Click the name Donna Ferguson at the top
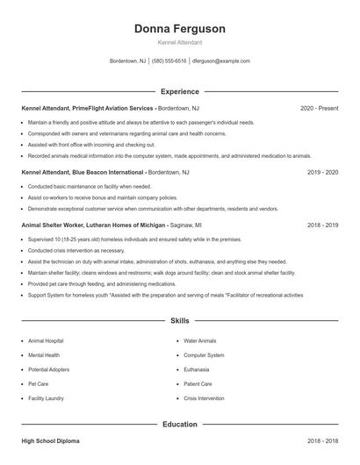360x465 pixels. click(x=180, y=29)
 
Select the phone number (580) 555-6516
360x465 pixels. click(x=169, y=61)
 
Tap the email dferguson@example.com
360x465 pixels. click(x=221, y=61)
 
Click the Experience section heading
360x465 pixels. click(x=180, y=91)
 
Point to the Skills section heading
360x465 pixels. click(x=180, y=322)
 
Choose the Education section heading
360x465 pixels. click(x=180, y=425)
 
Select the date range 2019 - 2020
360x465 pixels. click(x=322, y=173)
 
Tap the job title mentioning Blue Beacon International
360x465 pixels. click(x=83, y=173)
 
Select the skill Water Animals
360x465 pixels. click(x=200, y=340)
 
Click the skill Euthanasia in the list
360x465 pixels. click(x=197, y=369)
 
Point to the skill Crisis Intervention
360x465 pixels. click(x=204, y=398)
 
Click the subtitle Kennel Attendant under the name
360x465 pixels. click(x=180, y=42)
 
